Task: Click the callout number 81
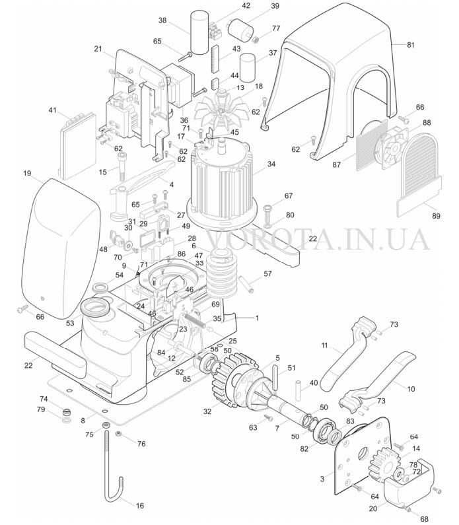[x=411, y=45]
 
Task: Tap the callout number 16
[x=139, y=505]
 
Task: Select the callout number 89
[x=436, y=216]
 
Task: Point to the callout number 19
[x=27, y=173]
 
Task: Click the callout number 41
[x=53, y=110]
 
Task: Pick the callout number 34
[x=271, y=164]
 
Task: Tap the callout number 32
[x=207, y=411]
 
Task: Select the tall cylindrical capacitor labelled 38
[x=199, y=32]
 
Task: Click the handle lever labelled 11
[x=345, y=355]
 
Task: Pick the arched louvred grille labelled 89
[x=419, y=174]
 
